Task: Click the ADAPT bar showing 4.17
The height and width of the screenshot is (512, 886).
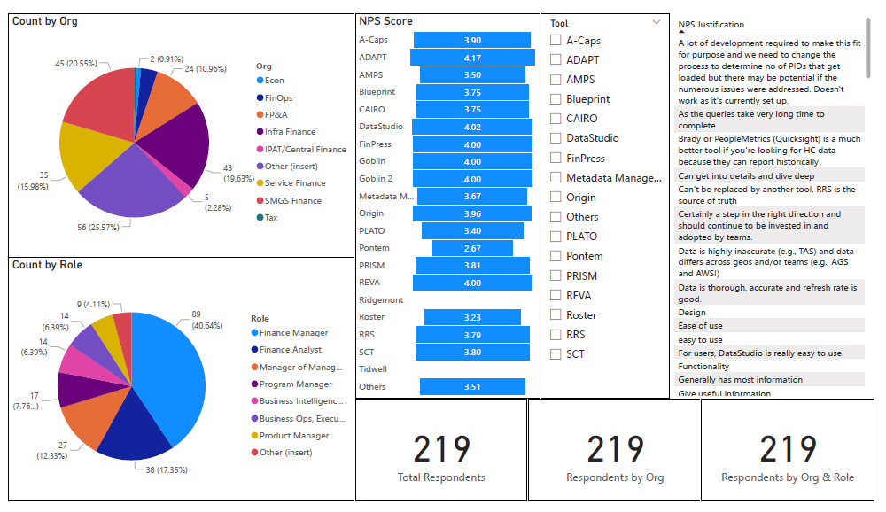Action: [472, 58]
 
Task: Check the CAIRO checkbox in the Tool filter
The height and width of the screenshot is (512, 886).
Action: [556, 119]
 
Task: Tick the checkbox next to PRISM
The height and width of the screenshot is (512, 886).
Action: [556, 275]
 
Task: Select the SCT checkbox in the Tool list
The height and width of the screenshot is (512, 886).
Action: [556, 354]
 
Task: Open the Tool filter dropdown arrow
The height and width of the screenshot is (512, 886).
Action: [657, 23]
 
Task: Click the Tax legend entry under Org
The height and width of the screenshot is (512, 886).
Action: [271, 218]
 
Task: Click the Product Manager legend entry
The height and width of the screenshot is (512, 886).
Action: [293, 435]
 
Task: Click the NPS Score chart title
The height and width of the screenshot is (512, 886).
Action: [385, 21]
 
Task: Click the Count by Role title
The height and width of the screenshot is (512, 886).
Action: [47, 265]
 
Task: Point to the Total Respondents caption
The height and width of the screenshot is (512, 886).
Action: [441, 477]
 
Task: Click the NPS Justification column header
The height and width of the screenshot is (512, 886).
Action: [711, 25]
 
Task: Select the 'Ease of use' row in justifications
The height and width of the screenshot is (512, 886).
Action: [700, 326]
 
